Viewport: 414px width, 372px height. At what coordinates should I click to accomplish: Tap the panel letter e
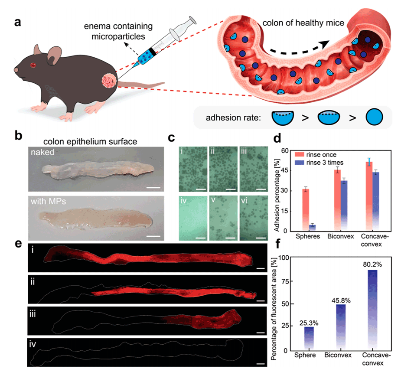click(18, 244)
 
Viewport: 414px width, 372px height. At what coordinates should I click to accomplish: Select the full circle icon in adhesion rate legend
click(374, 117)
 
